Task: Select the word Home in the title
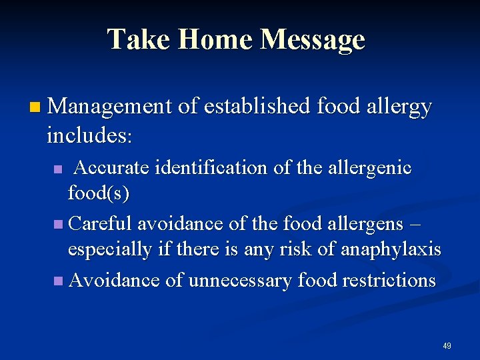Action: click(x=213, y=39)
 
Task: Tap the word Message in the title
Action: click(x=313, y=39)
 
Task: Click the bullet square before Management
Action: click(x=35, y=106)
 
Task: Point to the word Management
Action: click(x=110, y=106)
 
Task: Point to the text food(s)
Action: click(x=99, y=194)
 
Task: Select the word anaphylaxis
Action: click(x=391, y=250)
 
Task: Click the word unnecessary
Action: click(x=240, y=280)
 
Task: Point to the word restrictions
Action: click(x=386, y=279)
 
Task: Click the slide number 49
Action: click(x=447, y=346)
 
